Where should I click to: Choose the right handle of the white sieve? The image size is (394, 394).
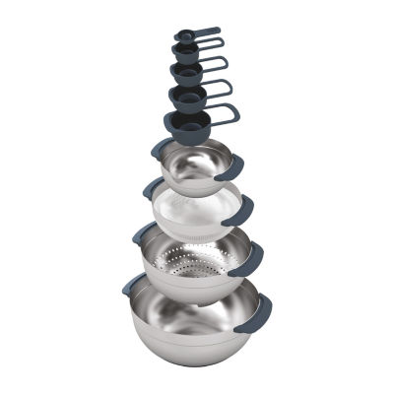point(241,208)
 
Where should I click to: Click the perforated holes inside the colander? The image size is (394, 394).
point(196,261)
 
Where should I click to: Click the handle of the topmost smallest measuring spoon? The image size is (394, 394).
point(207,31)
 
